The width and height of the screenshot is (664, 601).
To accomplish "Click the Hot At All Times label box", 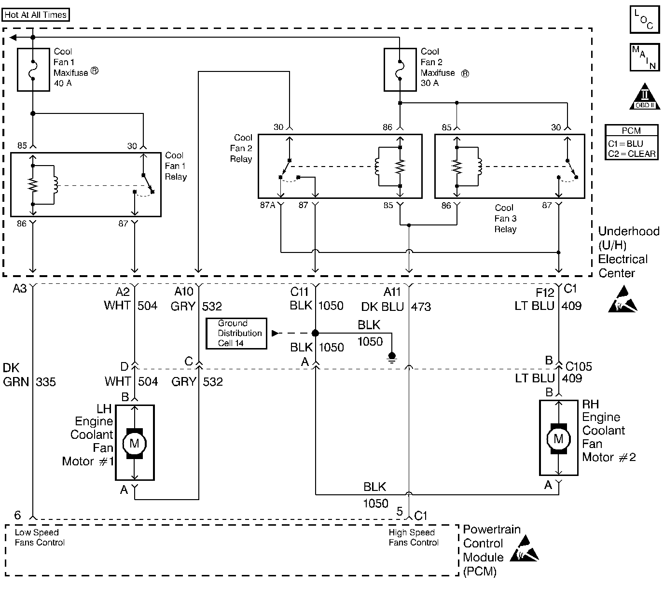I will [x=36, y=15].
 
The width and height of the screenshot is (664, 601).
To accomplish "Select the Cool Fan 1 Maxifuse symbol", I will [x=33, y=70].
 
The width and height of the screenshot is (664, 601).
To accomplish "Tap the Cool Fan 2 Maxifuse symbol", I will [x=400, y=70].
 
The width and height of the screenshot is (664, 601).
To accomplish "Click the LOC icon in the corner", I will [x=644, y=20].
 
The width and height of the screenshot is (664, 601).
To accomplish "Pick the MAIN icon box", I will [x=644, y=57].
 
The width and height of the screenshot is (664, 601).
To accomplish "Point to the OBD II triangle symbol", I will [x=645, y=98].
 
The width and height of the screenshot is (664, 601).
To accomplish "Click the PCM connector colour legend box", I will [x=632, y=142].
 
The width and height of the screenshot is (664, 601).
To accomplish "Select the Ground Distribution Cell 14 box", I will [x=236, y=333].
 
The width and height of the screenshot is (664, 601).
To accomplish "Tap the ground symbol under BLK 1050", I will [x=392, y=357].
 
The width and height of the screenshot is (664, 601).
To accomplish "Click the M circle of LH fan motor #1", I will [x=135, y=443].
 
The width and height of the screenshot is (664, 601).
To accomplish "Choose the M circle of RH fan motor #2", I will [x=558, y=438].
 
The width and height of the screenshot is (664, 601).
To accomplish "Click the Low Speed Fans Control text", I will [x=39, y=537].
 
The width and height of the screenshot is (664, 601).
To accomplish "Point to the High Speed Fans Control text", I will [x=413, y=537].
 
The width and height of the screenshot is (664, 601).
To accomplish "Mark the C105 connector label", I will [x=579, y=366].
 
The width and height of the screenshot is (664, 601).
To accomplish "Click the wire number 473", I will [x=421, y=307].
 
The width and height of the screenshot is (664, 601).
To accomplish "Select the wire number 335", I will [x=46, y=382].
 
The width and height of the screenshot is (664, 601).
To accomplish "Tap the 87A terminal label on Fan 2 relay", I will [x=268, y=206].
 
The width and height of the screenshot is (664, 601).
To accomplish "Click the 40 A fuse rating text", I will [x=63, y=83].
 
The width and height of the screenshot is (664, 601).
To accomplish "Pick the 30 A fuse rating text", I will [x=429, y=83].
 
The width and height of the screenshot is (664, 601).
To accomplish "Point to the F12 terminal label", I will [x=545, y=293].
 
